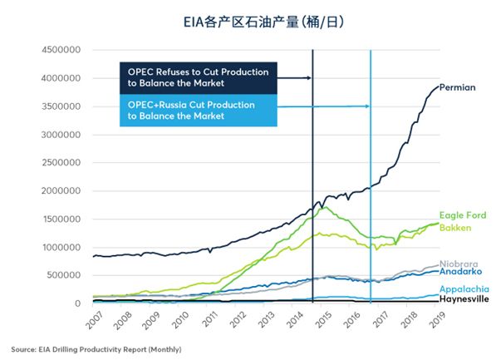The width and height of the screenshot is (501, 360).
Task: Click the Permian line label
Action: [x=457, y=87]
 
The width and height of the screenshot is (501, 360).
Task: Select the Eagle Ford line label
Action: [x=462, y=215]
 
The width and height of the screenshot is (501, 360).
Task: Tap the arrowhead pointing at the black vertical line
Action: [x=309, y=77]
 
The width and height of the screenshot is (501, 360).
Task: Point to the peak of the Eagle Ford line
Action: [x=324, y=207]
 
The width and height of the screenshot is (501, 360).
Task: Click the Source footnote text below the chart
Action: [x=96, y=348]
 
